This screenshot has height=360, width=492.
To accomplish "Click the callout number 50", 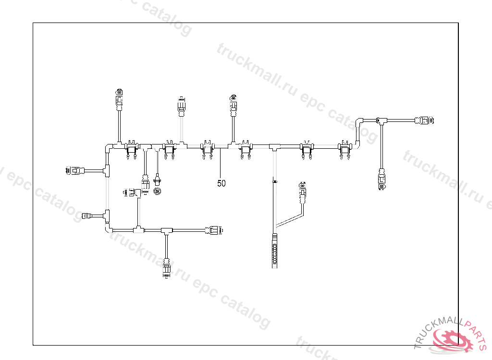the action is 221,183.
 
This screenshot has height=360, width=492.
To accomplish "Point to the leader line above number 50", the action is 220,163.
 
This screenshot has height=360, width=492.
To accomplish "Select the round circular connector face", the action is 157,191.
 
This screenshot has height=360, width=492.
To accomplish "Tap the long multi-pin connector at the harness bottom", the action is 274,250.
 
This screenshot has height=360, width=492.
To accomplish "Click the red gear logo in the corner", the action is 451,340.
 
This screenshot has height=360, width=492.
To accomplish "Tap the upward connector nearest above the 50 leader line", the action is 233,105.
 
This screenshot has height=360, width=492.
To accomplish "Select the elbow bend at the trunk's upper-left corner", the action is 108,146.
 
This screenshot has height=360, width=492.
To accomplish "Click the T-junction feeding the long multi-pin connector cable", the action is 274,146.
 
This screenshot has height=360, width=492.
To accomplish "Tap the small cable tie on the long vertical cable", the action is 274,181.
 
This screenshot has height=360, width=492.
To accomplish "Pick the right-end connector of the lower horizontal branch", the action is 214,230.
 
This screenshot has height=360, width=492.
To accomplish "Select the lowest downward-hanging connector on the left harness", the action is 167,269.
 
